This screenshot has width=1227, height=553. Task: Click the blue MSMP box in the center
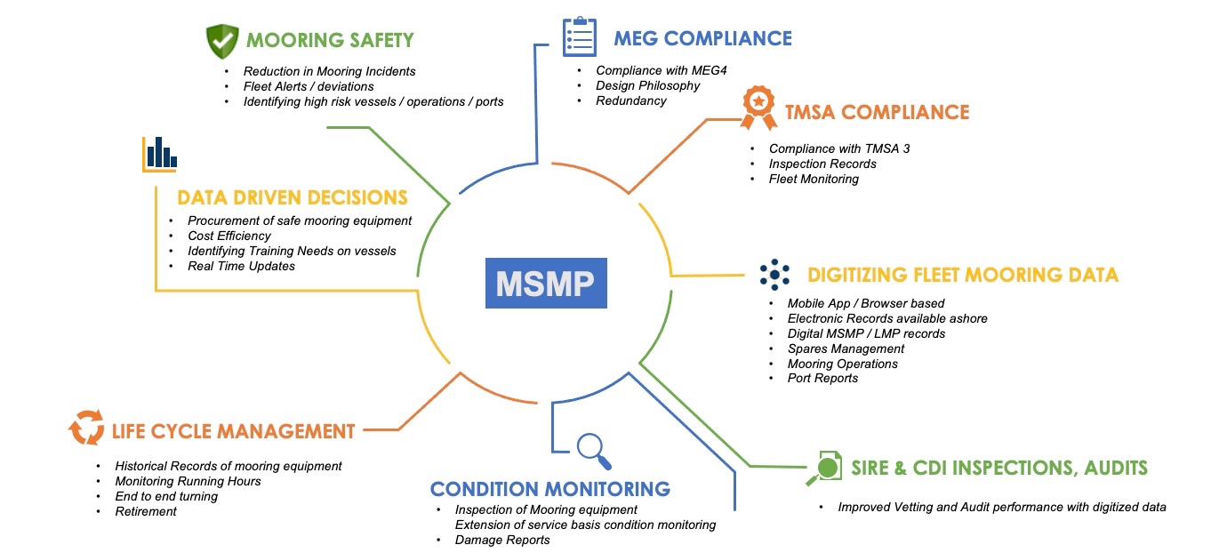pos(546,283)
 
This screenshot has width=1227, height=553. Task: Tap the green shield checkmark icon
pos(222,41)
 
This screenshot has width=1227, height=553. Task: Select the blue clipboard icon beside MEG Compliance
pos(580,37)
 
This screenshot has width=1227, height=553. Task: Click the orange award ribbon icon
pos(758,108)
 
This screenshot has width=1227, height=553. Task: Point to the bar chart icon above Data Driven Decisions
pos(159,154)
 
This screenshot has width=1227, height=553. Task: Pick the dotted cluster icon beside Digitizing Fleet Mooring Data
pos(774,275)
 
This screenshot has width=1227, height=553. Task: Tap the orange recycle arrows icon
pos(86,427)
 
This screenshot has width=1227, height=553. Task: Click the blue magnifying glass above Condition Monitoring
pos(594,451)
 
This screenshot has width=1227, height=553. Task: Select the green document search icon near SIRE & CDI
pos(824,469)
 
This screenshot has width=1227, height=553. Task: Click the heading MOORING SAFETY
pos(330,40)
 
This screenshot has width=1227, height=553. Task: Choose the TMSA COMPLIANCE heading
pos(877,112)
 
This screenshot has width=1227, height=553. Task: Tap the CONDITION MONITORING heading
pos(550,489)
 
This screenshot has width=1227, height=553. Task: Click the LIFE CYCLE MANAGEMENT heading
pos(233,431)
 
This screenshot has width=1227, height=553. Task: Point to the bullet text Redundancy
pos(631,100)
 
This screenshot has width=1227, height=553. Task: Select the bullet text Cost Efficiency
pos(229,236)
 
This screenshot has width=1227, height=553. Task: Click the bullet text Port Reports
pos(822,379)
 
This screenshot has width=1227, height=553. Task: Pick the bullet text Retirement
pos(146,511)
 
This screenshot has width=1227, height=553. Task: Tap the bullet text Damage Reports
pos(502,540)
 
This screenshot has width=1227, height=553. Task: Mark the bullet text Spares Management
pos(846,349)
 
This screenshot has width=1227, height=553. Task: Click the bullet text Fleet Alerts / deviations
pos(309,86)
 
